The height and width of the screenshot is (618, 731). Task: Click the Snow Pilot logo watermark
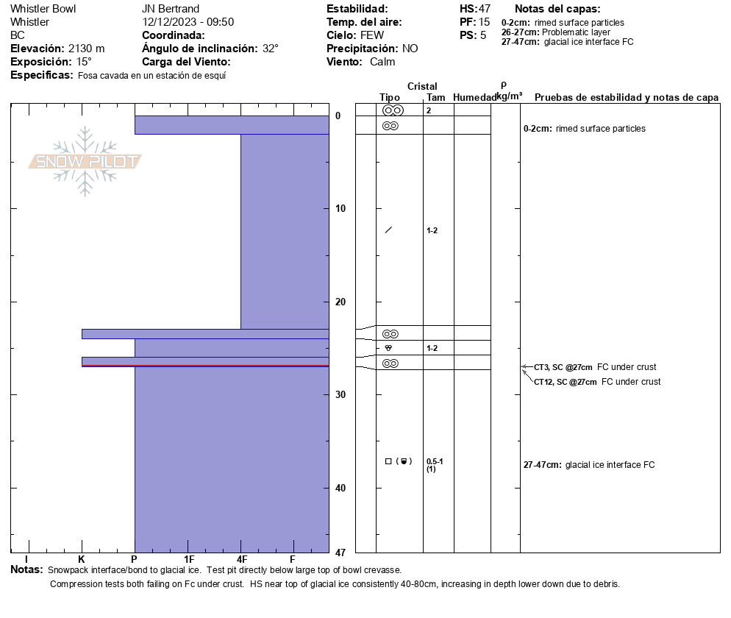85,162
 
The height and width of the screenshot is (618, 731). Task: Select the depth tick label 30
339,395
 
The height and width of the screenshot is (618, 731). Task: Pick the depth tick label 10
339,209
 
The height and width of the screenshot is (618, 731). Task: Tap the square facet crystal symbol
388,461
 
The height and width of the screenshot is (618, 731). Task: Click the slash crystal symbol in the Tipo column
388,230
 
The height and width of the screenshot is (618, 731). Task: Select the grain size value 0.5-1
435,461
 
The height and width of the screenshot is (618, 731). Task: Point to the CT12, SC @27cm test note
565,382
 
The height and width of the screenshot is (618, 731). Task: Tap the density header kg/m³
509,96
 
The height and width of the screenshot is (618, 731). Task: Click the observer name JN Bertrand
171,9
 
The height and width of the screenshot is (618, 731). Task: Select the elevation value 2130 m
86,49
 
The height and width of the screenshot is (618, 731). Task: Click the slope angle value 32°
271,49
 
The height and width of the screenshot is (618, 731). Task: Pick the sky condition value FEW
372,35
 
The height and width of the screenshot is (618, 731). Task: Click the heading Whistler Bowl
43,9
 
